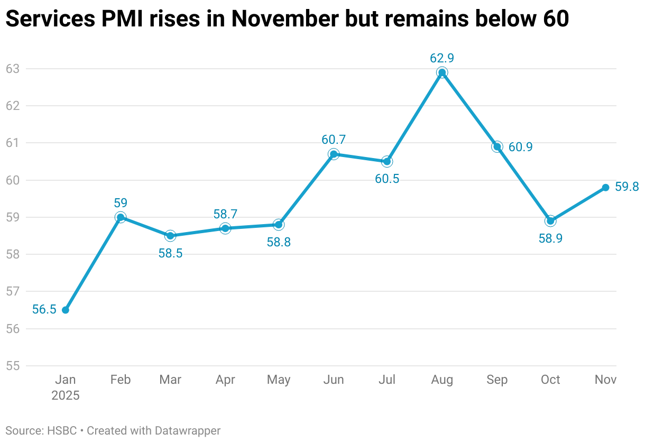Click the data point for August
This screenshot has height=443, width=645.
[x=442, y=72]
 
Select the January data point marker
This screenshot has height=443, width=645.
[x=66, y=310]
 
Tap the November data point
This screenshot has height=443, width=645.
[x=605, y=188]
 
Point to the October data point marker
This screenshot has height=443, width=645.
[x=550, y=221]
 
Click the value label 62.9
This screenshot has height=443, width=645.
[x=442, y=58]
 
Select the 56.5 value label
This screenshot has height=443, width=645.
[x=44, y=310]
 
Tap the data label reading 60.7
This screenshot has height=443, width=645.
[x=334, y=140]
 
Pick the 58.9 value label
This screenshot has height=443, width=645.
[x=550, y=238]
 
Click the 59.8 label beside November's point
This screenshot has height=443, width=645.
[x=627, y=187]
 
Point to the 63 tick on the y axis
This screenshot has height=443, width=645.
[x=12, y=69]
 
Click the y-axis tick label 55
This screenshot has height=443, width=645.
[x=12, y=366]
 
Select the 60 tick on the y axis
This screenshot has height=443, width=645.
[x=12, y=180]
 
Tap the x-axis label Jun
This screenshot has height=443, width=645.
[x=334, y=380]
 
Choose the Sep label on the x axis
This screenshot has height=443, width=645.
[x=497, y=380]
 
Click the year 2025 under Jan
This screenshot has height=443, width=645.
[x=66, y=396]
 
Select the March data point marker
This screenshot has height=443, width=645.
[x=170, y=236]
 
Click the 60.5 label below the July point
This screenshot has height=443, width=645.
[x=387, y=179]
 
